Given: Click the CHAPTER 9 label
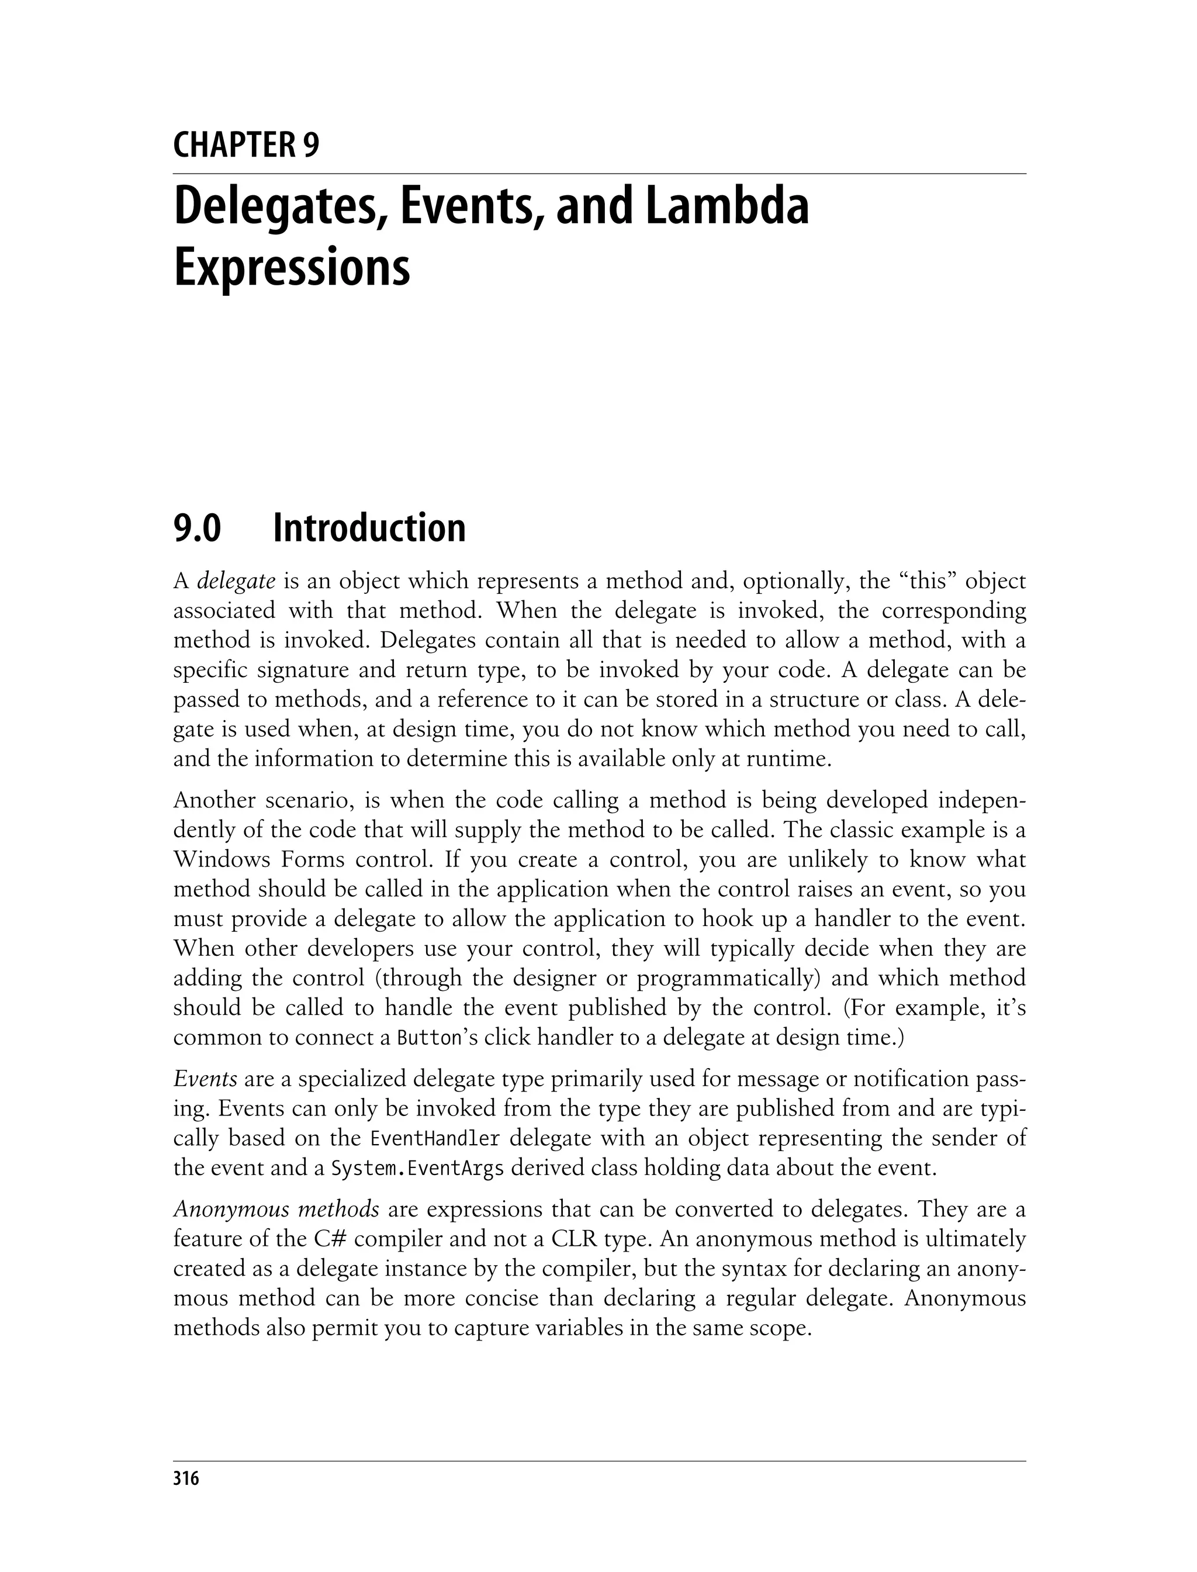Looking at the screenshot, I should point(246,146).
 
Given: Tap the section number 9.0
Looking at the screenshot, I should point(198,528).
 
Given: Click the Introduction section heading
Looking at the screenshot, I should point(369,528).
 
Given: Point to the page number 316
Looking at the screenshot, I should point(186,1478).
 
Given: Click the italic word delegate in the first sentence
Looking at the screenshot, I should point(236,582).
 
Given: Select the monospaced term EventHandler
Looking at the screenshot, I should point(435,1139).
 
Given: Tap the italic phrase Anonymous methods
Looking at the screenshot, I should point(276,1210).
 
